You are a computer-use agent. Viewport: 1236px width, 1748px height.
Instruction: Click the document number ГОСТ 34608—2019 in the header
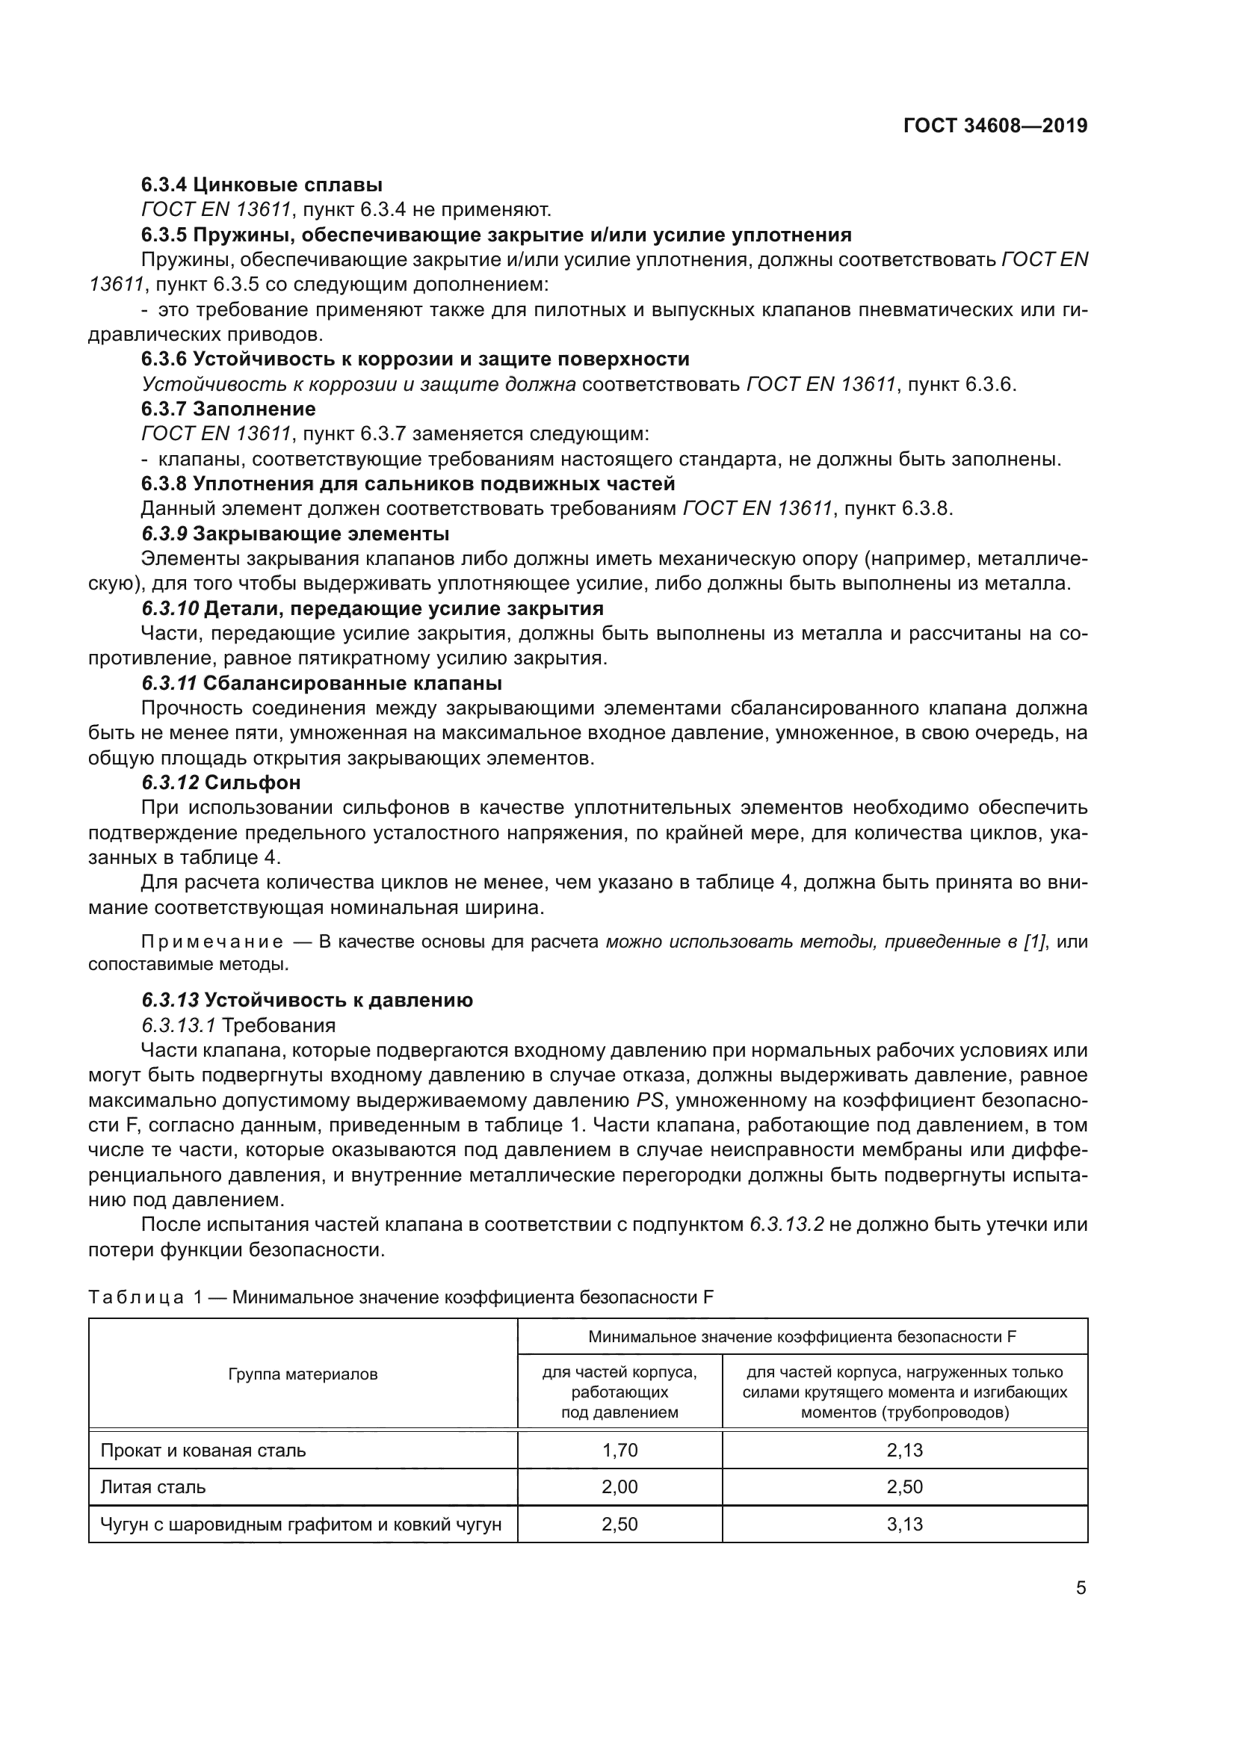click(995, 126)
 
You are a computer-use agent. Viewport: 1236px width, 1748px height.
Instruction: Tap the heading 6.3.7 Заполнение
click(229, 409)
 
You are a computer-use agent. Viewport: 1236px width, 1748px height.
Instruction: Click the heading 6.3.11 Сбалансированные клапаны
click(321, 682)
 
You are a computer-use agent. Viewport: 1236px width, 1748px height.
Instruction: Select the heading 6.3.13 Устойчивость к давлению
click(306, 1000)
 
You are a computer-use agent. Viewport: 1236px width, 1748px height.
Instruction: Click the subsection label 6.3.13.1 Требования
click(238, 1025)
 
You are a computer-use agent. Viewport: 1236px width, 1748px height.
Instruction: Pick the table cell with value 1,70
click(619, 1451)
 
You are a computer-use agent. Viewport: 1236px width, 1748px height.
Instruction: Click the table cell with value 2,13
click(904, 1451)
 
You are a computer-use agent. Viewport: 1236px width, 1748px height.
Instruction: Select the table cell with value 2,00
click(619, 1487)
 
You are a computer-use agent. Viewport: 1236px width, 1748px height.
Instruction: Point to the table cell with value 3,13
click(904, 1524)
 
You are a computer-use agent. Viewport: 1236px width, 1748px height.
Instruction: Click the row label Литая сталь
click(153, 1487)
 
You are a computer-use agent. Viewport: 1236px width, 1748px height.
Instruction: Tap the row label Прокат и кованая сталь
click(203, 1451)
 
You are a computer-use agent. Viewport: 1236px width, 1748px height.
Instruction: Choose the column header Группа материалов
click(303, 1374)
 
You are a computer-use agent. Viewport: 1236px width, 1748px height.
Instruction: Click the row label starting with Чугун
click(300, 1524)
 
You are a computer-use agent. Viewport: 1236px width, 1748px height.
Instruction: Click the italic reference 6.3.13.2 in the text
click(786, 1225)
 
